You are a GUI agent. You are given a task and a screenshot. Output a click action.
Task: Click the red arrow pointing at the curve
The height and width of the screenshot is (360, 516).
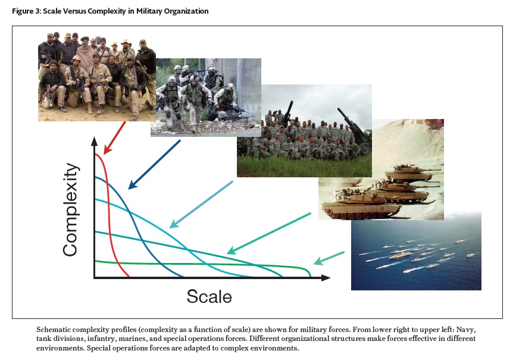114,138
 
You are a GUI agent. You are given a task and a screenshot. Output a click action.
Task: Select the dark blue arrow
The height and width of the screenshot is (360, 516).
154,165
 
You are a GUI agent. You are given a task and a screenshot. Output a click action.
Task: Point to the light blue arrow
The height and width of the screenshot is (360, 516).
201,204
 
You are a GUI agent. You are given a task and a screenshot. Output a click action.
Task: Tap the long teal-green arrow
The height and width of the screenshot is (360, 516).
269,233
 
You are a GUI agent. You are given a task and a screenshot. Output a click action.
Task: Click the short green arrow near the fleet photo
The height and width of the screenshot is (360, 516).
329,258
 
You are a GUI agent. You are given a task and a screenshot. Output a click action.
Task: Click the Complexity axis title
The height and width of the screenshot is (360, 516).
70,209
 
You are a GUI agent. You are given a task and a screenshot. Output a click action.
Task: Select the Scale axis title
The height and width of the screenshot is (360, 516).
209,296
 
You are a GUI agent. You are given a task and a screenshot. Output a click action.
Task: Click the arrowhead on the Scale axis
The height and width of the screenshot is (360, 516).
326,278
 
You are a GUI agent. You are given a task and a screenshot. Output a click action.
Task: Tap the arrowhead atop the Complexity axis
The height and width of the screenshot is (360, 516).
95,141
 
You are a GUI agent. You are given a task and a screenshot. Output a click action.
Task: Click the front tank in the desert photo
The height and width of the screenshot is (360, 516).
361,204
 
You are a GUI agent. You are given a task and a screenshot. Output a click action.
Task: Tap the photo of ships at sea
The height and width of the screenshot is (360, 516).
416,251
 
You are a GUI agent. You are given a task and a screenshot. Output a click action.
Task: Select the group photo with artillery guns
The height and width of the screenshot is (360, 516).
304,131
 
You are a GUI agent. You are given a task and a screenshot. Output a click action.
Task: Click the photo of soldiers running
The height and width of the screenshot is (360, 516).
206,98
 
